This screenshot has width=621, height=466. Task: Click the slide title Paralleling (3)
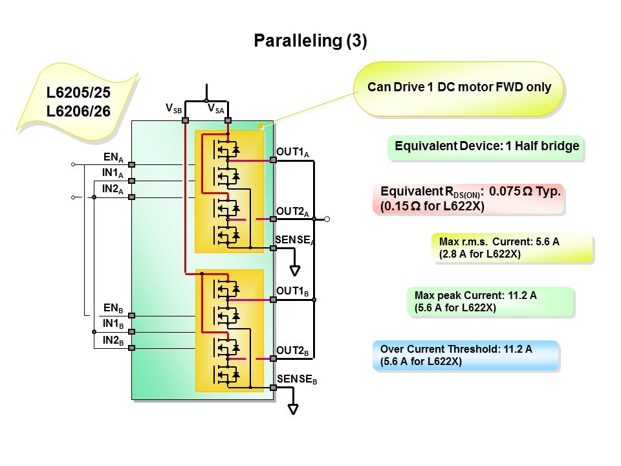tap(310, 41)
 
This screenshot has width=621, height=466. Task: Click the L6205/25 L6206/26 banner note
tap(78, 102)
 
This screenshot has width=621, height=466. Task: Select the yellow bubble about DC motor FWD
tap(459, 88)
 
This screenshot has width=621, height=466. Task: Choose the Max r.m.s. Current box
tap(512, 248)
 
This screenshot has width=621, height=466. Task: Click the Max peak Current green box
tap(490, 302)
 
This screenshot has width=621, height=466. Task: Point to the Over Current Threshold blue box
tap(465, 355)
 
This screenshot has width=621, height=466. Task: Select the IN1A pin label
tap(113, 173)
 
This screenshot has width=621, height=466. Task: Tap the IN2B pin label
tap(113, 341)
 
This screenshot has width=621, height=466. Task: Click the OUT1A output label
tap(293, 152)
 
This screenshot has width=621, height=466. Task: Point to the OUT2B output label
tap(293, 351)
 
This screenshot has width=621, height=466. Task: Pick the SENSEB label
tap(297, 379)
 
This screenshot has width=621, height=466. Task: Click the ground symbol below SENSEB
tap(294, 409)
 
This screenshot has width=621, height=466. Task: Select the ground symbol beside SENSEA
tap(295, 270)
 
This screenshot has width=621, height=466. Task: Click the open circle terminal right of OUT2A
tap(327, 219)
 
